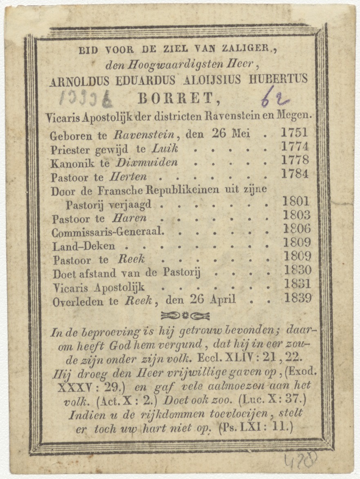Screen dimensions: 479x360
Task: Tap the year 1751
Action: pyautogui.click(x=294, y=132)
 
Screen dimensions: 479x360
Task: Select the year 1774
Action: pyautogui.click(x=295, y=146)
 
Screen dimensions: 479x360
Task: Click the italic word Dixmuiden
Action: pyautogui.click(x=147, y=163)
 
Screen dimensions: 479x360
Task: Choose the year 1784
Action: pyautogui.click(x=295, y=174)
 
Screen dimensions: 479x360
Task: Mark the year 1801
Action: pyautogui.click(x=296, y=201)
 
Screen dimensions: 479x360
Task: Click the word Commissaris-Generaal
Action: pyautogui.click(x=108, y=232)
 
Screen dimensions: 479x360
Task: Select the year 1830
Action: pyautogui.click(x=297, y=270)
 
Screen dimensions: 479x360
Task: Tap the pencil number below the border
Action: pyautogui.click(x=301, y=461)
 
